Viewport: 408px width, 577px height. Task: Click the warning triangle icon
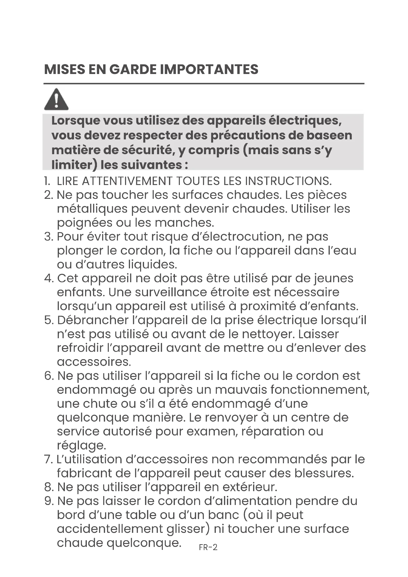pos(56,99)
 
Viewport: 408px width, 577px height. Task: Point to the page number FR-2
pos(208,547)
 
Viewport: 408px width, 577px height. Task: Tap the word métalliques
pos(92,209)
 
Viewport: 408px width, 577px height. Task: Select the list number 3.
pos(48,237)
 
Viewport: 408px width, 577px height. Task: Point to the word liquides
pos(152,265)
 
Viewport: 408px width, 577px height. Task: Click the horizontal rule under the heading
pos(204,84)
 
